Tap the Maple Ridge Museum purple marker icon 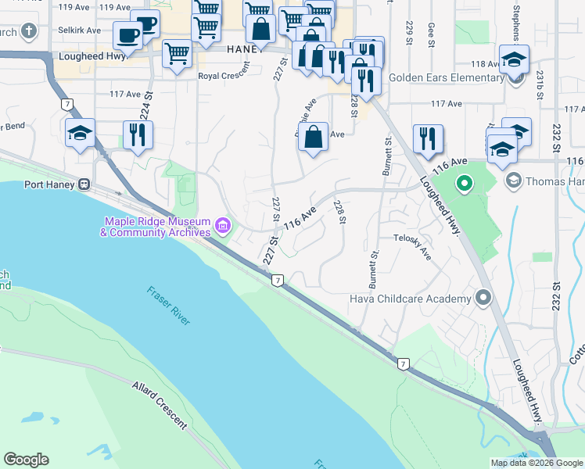[222, 227]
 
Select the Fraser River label [168, 306]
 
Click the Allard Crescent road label [160, 406]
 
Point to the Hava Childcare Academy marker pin [483, 299]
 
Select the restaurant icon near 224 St [138, 134]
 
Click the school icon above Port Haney [80, 134]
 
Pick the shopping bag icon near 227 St [313, 138]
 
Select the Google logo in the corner [26, 460]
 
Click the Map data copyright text [537, 463]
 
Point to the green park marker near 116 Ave [464, 185]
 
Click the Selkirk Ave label [80, 30]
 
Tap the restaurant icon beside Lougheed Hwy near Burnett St [428, 138]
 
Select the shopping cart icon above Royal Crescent [178, 55]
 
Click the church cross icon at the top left [28, 32]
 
